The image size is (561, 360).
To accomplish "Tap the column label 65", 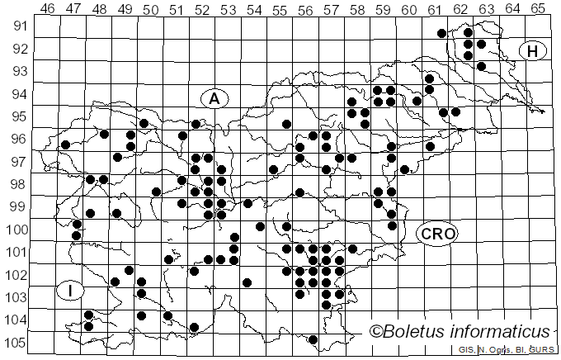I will point(537,8).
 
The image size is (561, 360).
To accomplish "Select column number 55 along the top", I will point(280,8).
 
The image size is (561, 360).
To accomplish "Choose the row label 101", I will point(17,252).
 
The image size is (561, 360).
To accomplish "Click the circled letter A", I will point(214,99).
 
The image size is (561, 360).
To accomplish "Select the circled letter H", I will point(533,51).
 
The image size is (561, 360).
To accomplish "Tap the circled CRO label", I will point(436,234).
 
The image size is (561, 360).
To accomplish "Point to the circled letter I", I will point(71,290).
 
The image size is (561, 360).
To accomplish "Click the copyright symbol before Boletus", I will point(377,332).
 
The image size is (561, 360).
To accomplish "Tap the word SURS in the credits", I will point(544,351).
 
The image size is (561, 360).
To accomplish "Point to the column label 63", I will point(486,8).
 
